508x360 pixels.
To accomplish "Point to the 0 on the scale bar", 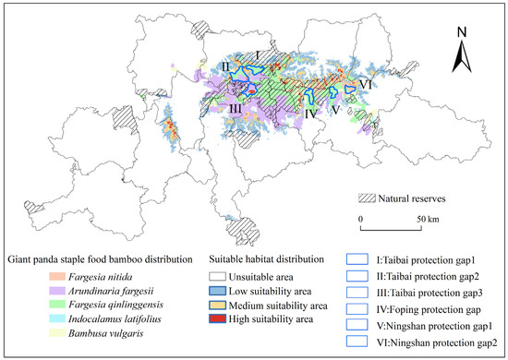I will [x=361, y=219].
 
